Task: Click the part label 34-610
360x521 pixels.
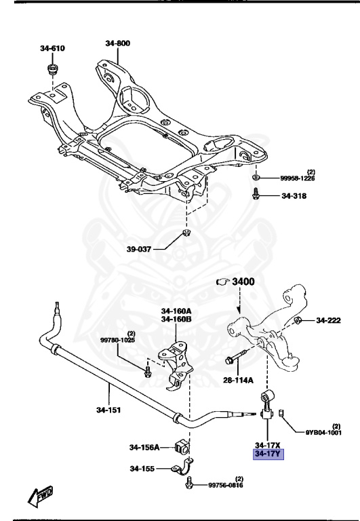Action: (x=52, y=48)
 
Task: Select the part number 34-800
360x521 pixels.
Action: (x=118, y=43)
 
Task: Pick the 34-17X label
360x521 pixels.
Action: (x=268, y=444)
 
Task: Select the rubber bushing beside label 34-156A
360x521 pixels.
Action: (x=181, y=446)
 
